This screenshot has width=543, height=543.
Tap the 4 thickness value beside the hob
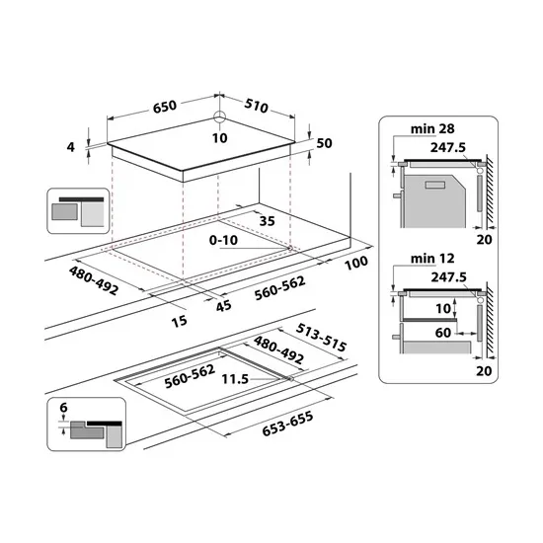[x=71, y=147]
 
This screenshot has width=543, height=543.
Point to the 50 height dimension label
[x=324, y=144]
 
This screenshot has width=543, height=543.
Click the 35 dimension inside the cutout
[x=267, y=222]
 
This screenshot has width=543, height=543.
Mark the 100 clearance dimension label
[x=355, y=262]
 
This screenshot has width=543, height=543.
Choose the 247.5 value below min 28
[x=448, y=145]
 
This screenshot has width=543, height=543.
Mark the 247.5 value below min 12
[x=448, y=277]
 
